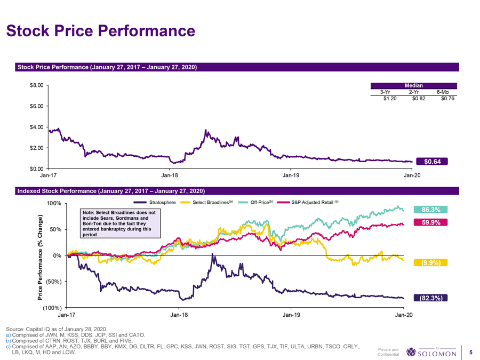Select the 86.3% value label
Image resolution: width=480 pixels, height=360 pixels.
(430, 210)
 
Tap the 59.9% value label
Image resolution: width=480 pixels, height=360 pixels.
(430, 223)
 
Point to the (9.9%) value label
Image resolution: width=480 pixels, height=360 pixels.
(430, 262)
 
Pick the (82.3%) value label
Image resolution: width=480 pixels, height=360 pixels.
(430, 298)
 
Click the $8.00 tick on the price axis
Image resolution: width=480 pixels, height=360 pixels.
(36, 85)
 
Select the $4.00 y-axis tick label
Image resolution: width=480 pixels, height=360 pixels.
(36, 127)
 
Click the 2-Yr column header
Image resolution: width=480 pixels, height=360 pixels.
(415, 92)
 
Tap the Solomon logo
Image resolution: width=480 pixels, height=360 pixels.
(431, 353)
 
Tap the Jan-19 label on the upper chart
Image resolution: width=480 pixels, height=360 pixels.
(291, 175)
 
